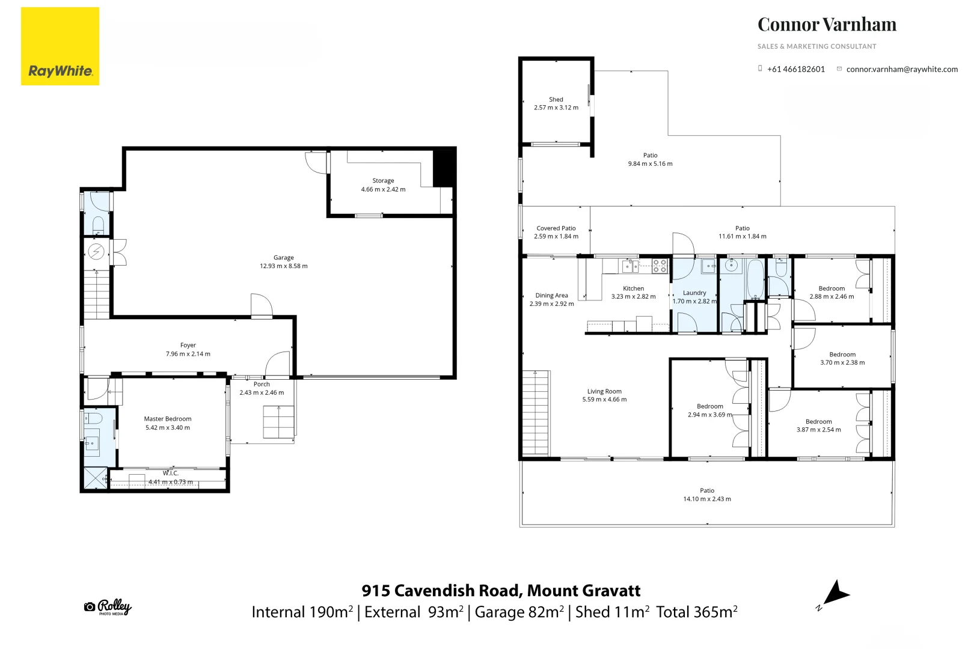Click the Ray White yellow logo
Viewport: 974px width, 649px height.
60,46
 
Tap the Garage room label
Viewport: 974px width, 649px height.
283,257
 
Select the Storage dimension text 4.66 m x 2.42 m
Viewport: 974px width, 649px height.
383,189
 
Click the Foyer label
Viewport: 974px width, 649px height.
188,345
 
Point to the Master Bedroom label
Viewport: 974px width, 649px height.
168,419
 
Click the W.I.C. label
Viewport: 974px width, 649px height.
170,474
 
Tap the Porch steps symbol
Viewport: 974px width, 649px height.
278,422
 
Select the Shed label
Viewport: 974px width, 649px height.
556,100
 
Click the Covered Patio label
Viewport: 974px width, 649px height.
556,228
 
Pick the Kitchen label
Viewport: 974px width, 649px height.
633,288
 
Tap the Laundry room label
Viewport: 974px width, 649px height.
694,293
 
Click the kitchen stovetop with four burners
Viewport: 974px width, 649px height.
660,266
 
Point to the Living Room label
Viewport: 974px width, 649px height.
604,391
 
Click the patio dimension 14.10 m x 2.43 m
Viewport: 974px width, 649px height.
707,499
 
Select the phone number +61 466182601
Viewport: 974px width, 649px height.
795,69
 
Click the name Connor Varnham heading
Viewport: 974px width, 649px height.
827,25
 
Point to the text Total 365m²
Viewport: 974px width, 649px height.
696,612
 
